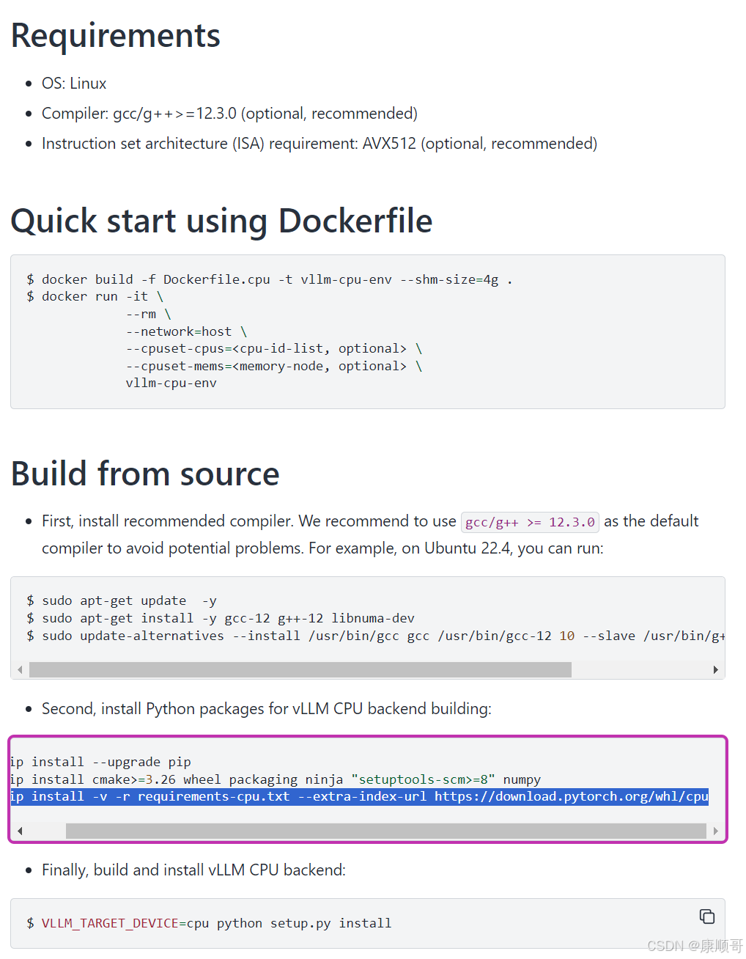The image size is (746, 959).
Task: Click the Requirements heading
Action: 115,36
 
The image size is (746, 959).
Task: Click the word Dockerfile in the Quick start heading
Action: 355,221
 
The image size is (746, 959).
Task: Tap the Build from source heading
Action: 145,474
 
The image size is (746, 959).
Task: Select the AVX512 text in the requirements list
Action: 389,144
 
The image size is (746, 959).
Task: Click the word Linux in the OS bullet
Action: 88,84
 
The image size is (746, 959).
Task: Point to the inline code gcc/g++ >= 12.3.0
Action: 530,522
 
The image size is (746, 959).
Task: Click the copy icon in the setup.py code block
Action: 706,916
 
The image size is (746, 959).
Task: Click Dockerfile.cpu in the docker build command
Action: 216,279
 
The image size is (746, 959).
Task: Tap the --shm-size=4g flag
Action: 449,279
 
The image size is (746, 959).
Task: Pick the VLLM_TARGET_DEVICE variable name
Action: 110,923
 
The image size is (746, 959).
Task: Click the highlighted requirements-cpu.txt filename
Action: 213,796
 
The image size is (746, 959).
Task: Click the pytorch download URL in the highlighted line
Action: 571,796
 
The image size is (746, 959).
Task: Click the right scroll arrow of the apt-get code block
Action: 715,669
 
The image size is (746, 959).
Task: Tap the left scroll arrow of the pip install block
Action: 20,831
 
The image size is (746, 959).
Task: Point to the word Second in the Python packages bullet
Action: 67,709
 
